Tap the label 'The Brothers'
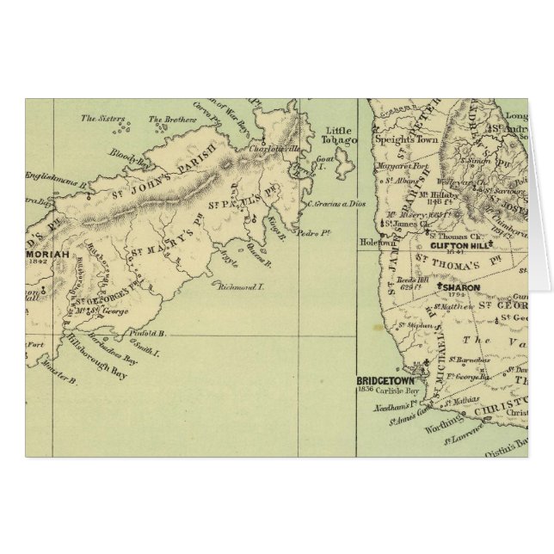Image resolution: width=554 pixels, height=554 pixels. [x=168, y=120]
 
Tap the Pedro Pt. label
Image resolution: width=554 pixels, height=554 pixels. [x=306, y=232]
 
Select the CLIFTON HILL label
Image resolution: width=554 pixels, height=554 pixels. [x=456, y=243]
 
